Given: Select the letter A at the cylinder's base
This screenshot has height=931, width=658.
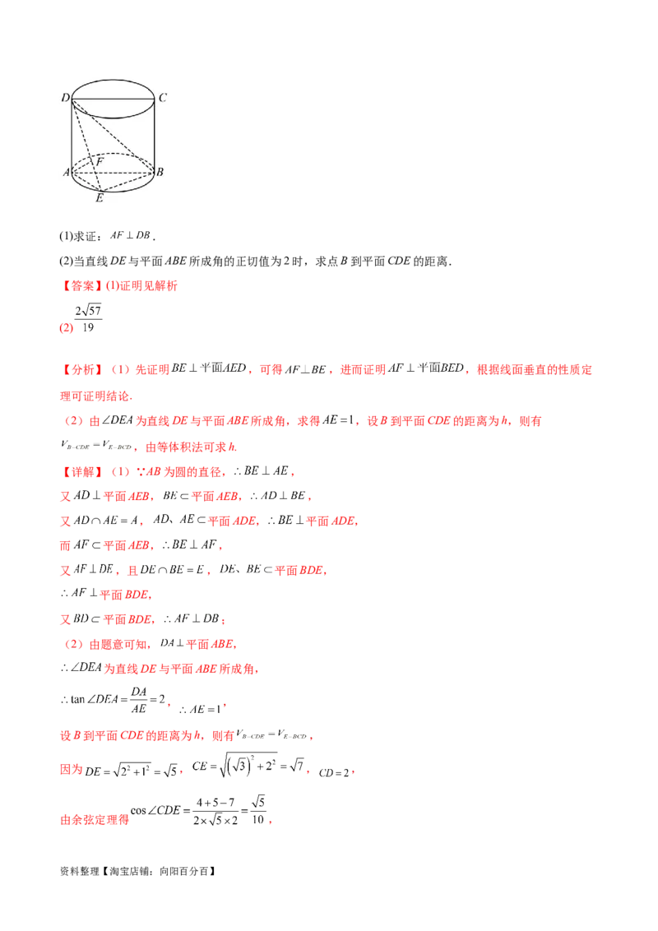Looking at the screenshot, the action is coord(65,172).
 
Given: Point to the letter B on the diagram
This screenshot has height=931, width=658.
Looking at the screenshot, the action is coord(160,172).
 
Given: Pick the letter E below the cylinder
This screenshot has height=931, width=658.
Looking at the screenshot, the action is coord(100,198).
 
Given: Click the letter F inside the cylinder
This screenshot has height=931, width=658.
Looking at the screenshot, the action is coord(99,162).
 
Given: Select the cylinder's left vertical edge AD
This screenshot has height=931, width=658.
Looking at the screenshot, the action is coord(72,136).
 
